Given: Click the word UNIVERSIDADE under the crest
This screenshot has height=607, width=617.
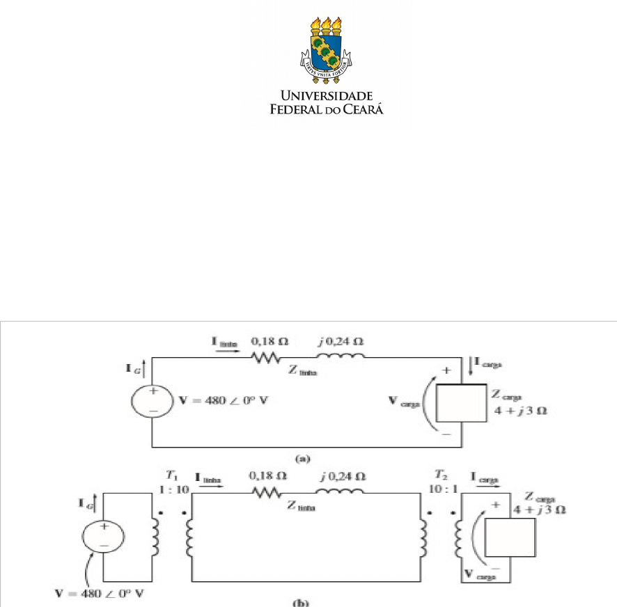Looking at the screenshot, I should click(x=326, y=95).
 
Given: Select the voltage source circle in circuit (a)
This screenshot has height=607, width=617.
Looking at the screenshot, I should click(x=152, y=402).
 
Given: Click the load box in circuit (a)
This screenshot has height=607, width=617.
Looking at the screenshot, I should click(x=460, y=404).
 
